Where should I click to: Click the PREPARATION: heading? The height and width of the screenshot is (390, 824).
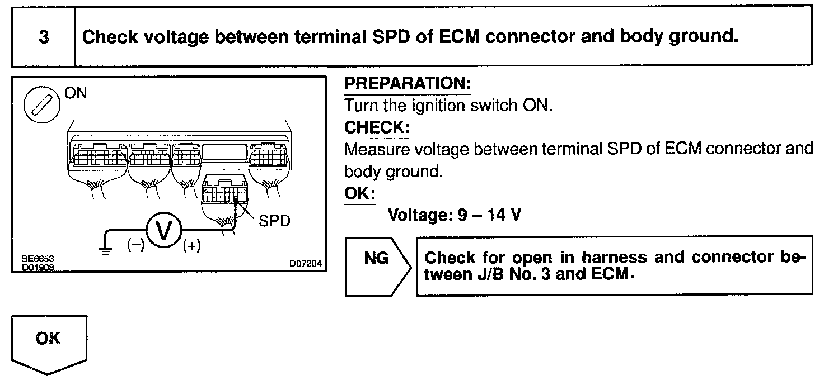[x=408, y=84]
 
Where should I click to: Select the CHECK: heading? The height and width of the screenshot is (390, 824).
[x=377, y=127]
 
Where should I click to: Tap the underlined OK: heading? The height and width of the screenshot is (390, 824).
[x=359, y=193]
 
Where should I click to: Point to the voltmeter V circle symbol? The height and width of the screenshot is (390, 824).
[x=165, y=229]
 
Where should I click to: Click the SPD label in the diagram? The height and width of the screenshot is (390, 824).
[x=274, y=221]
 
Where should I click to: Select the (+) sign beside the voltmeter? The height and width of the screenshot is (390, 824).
[x=193, y=246]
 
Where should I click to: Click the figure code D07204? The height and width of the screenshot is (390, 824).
[x=306, y=264]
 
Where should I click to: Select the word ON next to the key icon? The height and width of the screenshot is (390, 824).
[x=76, y=93]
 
